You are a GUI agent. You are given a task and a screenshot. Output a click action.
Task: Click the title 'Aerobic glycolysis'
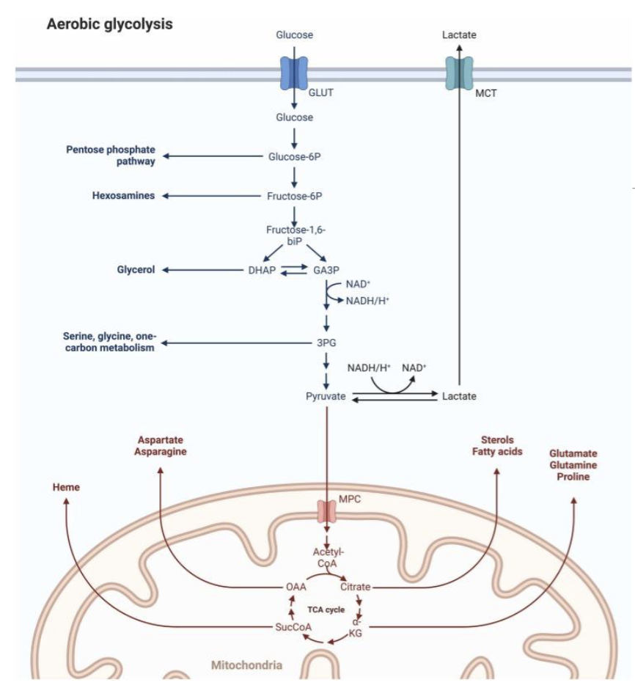[x=110, y=24]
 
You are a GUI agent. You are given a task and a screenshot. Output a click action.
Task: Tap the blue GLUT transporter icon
[x=294, y=73]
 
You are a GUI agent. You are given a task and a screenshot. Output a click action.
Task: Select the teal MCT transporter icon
[x=460, y=73]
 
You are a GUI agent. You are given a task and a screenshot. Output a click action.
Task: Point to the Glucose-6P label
[x=294, y=155]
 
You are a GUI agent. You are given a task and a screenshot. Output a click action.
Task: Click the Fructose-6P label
[x=294, y=196]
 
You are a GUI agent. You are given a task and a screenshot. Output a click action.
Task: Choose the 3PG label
[x=326, y=343]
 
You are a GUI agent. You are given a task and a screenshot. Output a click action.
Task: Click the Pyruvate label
[x=326, y=396]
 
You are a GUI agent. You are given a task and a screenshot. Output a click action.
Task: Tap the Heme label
[x=66, y=487]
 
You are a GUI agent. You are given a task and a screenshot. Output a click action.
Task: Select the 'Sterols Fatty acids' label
[x=497, y=445]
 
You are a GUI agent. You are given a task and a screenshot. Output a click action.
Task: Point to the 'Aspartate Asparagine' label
[x=160, y=445]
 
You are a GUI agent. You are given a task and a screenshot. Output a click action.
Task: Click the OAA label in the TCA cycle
[x=295, y=587]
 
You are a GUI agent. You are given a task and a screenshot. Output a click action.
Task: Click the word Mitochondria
[x=246, y=665]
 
